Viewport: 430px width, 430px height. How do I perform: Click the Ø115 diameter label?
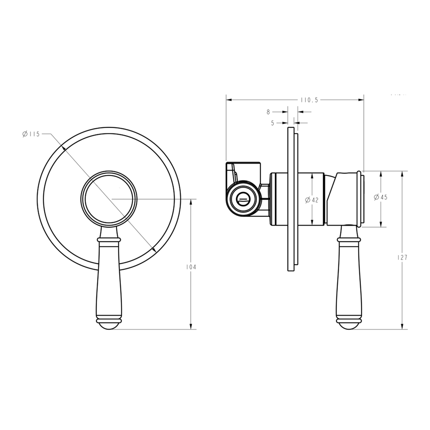click(31, 134)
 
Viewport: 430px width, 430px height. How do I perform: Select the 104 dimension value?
click(192, 267)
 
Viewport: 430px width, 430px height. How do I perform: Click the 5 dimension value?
click(273, 123)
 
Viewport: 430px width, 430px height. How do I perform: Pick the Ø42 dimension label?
click(312, 200)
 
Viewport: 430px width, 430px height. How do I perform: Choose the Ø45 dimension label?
click(381, 197)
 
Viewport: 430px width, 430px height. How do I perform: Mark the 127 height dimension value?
click(403, 257)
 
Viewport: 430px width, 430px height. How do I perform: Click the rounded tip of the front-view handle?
click(109, 326)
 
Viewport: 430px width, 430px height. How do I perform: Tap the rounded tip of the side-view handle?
click(349, 326)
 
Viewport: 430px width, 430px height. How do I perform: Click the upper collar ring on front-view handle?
click(109, 240)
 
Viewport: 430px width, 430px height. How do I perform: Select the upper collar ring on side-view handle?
click(349, 240)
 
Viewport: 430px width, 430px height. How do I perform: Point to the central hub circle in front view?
click(109, 198)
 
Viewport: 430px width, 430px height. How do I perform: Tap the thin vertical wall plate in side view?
click(291, 199)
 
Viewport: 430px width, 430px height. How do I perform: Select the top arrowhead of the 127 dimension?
click(402, 174)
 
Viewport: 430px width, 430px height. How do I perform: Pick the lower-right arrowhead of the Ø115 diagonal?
click(154, 250)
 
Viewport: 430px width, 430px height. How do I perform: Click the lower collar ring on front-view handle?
click(109, 320)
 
